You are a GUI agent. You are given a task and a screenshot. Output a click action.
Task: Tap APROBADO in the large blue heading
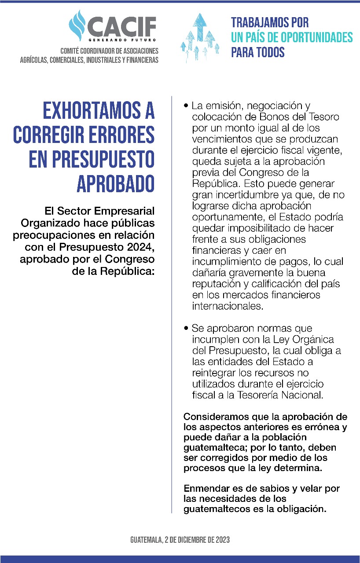point(116,184)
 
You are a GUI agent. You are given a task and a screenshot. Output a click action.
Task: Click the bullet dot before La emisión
point(187,106)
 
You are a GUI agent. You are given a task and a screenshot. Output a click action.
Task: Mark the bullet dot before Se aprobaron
point(187,329)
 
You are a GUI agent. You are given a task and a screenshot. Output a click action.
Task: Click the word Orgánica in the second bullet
point(312,340)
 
